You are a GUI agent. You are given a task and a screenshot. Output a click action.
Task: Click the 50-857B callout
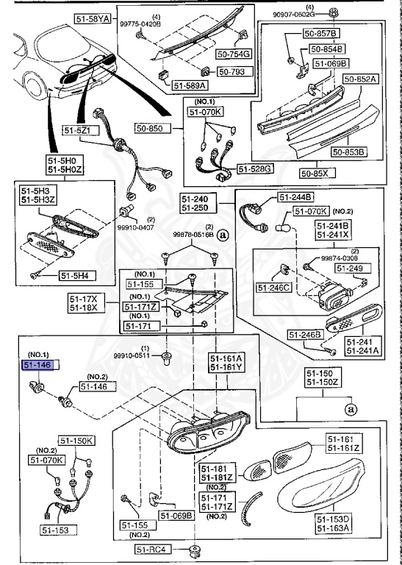[323, 34]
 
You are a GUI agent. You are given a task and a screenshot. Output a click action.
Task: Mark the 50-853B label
[348, 152]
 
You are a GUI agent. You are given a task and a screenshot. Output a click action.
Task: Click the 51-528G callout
[258, 169]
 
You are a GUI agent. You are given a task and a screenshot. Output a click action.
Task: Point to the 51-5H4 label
[76, 277]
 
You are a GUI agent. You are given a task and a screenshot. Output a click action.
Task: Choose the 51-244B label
[295, 196]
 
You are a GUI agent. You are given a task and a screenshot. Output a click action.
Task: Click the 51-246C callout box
[275, 287]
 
